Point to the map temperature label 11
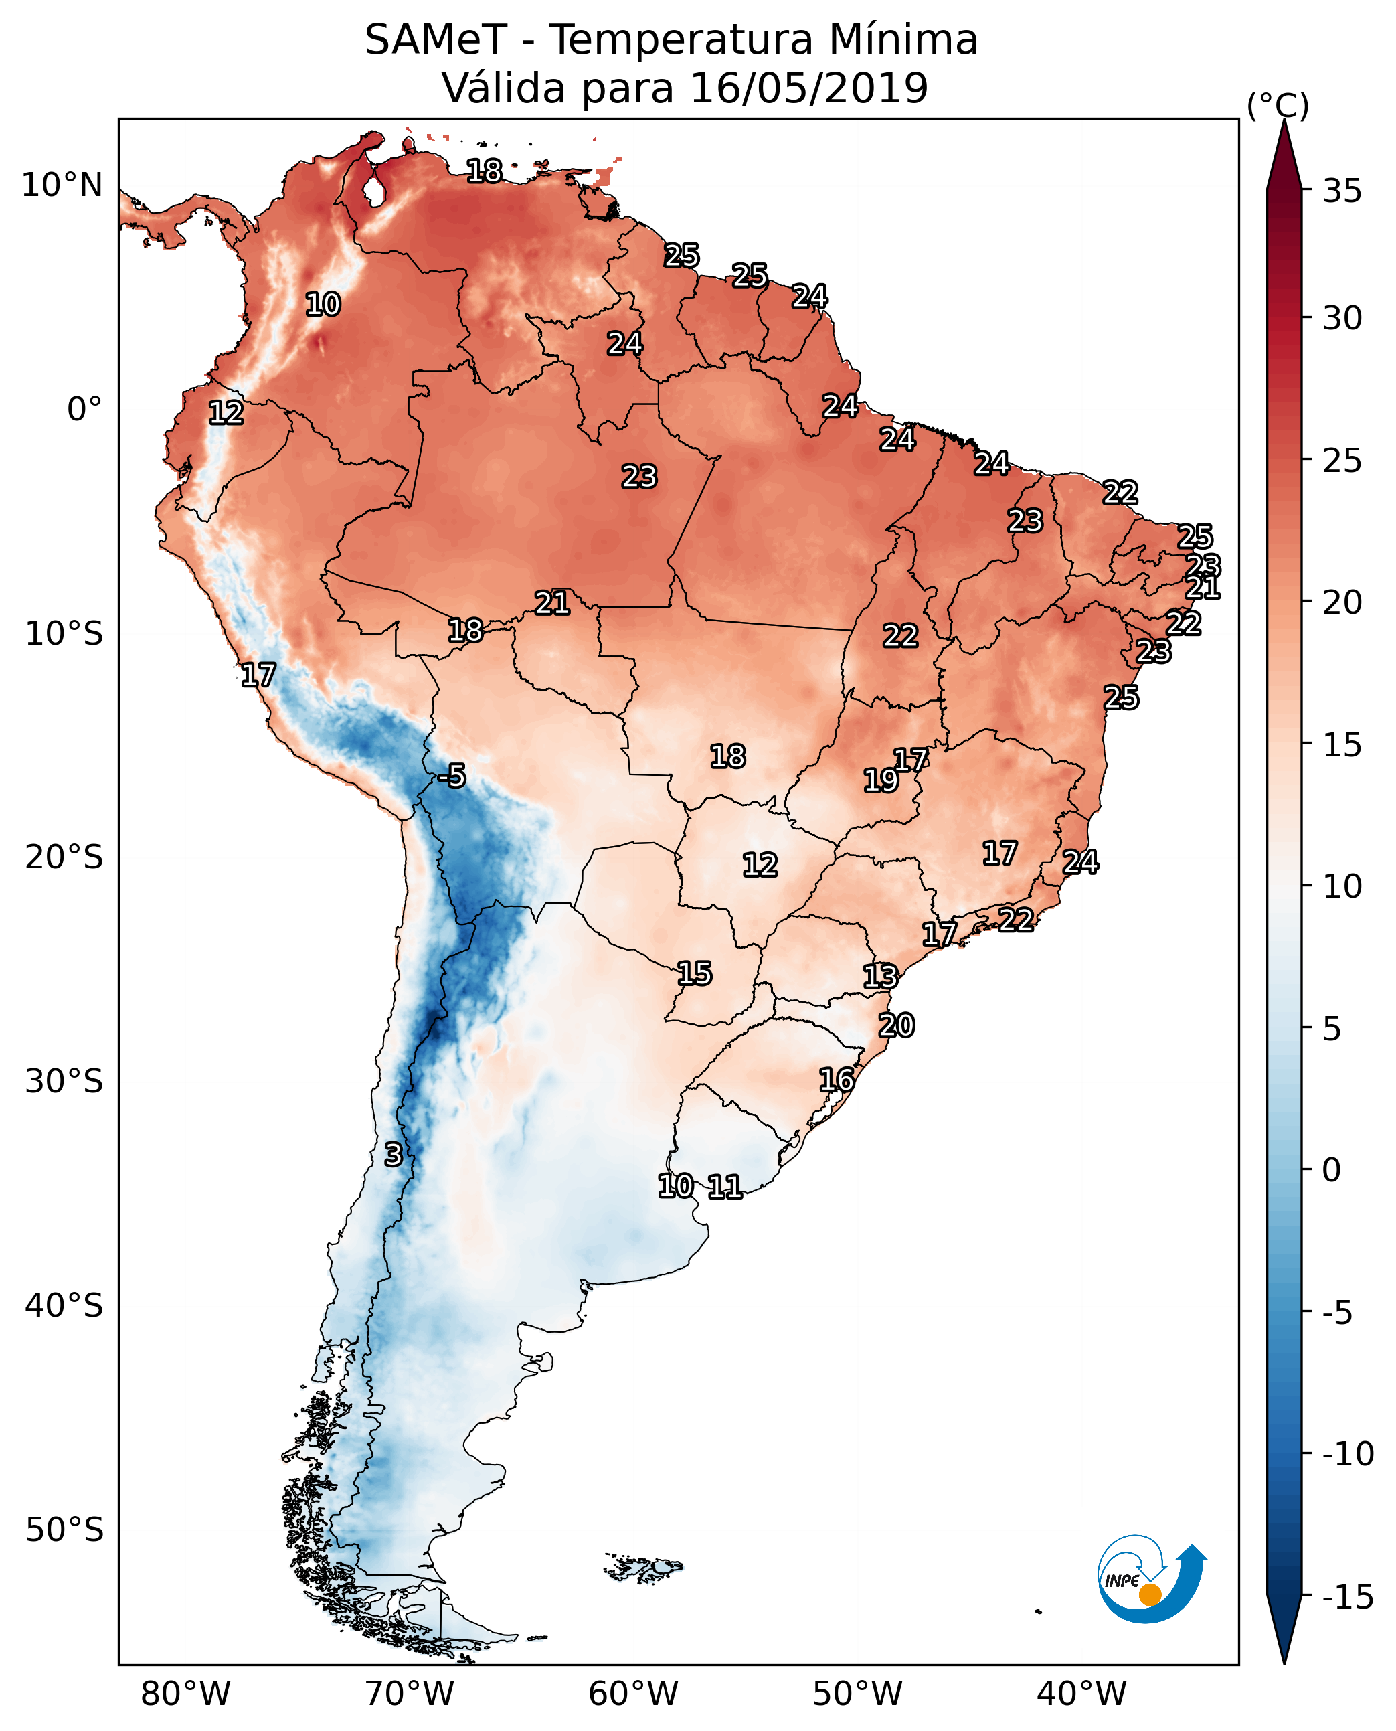pos(725,1186)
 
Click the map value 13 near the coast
pos(881,977)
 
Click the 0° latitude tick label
pos(84,410)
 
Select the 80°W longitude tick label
pos(186,1694)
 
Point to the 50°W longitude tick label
pos(857,1694)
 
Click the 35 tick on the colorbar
pos(1342,191)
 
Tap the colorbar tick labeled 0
pos(1332,1169)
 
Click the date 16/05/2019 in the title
pos(809,88)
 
